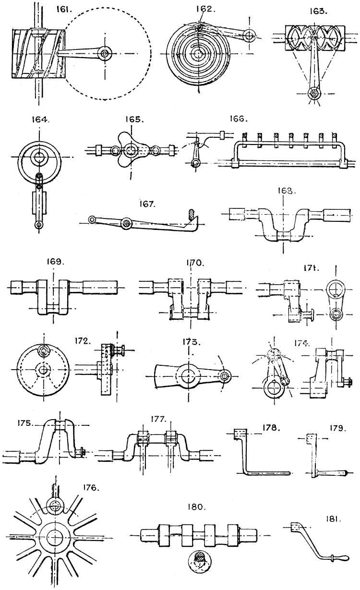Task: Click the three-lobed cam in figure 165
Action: point(129,150)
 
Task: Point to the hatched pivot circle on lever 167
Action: point(127,222)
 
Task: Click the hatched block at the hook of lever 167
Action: point(192,215)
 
